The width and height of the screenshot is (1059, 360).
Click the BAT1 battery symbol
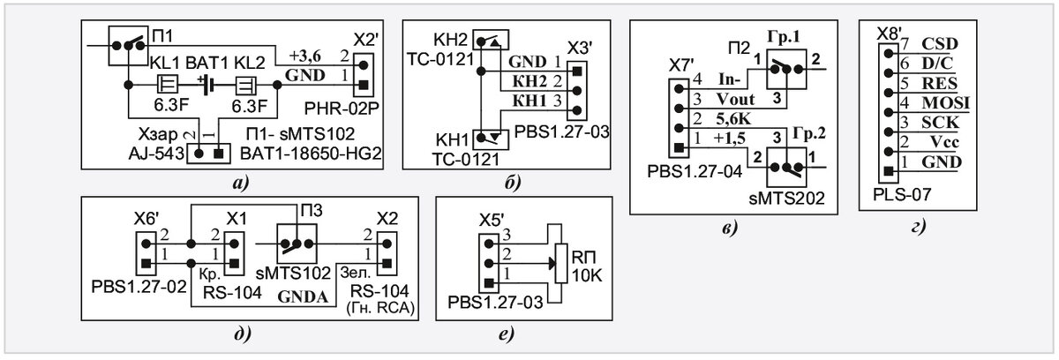tap(207, 85)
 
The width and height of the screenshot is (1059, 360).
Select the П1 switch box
tap(128, 46)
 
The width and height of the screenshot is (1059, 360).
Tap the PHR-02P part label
tap(342, 109)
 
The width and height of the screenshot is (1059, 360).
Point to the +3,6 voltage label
tap(305, 56)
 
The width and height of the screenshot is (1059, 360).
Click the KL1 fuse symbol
tap(168, 85)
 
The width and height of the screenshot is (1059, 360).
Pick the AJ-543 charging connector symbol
tap(208, 154)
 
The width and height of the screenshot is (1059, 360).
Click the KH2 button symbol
tap(491, 41)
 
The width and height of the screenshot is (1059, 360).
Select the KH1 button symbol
tap(491, 139)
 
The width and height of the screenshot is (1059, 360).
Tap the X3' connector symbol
tap(577, 91)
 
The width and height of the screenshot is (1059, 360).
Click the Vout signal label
tap(735, 100)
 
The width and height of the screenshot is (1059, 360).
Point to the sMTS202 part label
tap(786, 198)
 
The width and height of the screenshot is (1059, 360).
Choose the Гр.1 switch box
tap(786, 70)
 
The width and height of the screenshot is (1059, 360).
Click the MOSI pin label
tap(945, 103)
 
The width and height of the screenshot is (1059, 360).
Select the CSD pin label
tap(940, 44)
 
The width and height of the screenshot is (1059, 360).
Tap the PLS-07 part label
tap(902, 194)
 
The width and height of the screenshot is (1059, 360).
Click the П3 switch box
tap(297, 244)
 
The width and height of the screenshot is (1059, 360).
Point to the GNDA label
tap(303, 296)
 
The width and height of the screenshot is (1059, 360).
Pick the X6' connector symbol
tap(146, 253)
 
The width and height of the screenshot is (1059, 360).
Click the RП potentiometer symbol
tap(560, 263)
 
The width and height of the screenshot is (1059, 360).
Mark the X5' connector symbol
tap(489, 263)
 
